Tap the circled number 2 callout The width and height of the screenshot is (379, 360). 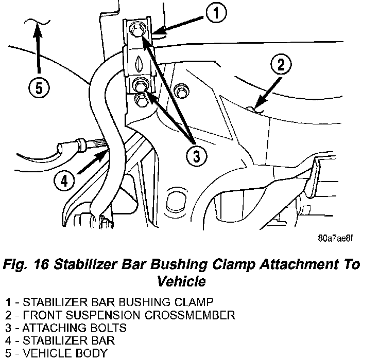coord(280,65)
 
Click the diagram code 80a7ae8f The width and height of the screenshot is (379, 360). coord(336,238)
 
